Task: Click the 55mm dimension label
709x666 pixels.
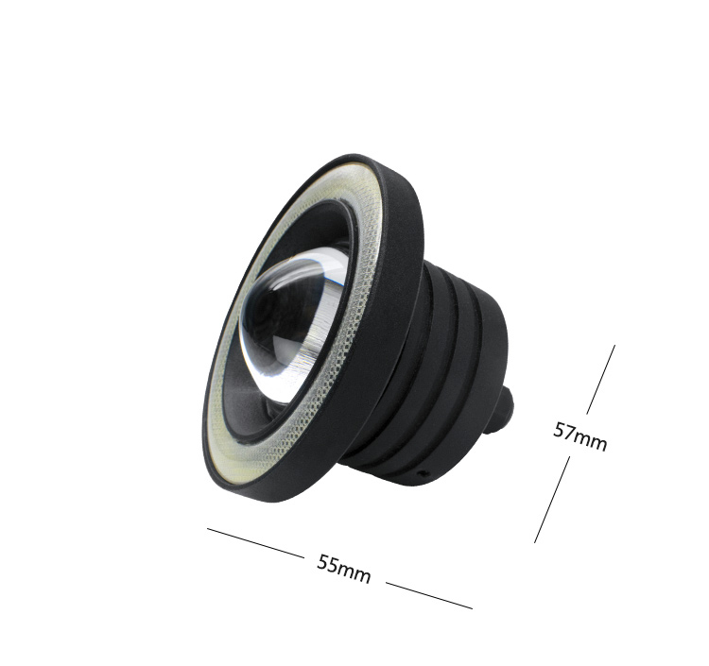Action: (344, 569)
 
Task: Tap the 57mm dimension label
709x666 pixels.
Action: (580, 437)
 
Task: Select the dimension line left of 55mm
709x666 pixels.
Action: (255, 542)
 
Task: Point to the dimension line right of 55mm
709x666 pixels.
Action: (429, 595)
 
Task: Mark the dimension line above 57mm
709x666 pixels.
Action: (601, 380)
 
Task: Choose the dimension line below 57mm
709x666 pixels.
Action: (552, 500)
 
